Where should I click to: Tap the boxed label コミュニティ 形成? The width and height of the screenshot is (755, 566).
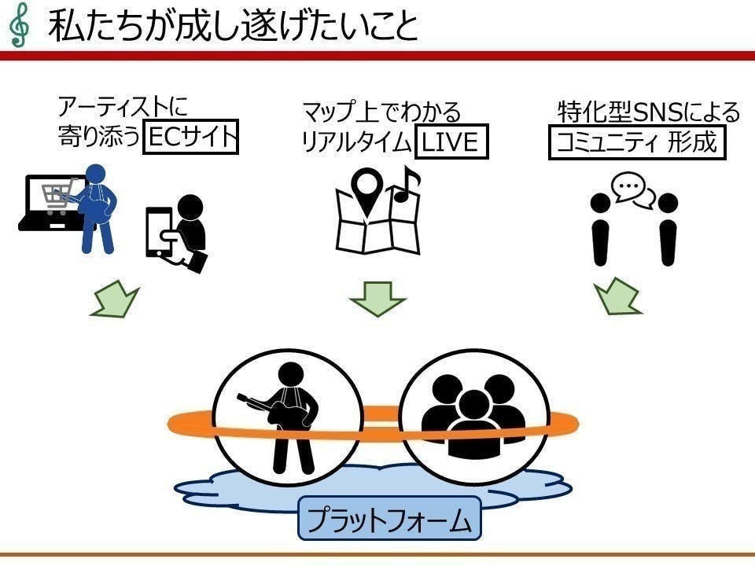(x=635, y=142)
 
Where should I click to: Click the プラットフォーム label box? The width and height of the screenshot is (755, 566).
(x=389, y=519)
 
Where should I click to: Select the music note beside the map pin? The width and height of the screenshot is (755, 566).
(x=406, y=186)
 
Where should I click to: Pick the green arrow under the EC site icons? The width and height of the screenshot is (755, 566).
(x=114, y=300)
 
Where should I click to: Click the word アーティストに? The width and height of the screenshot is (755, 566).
(x=123, y=107)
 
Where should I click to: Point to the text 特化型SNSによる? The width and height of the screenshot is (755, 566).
(x=649, y=112)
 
